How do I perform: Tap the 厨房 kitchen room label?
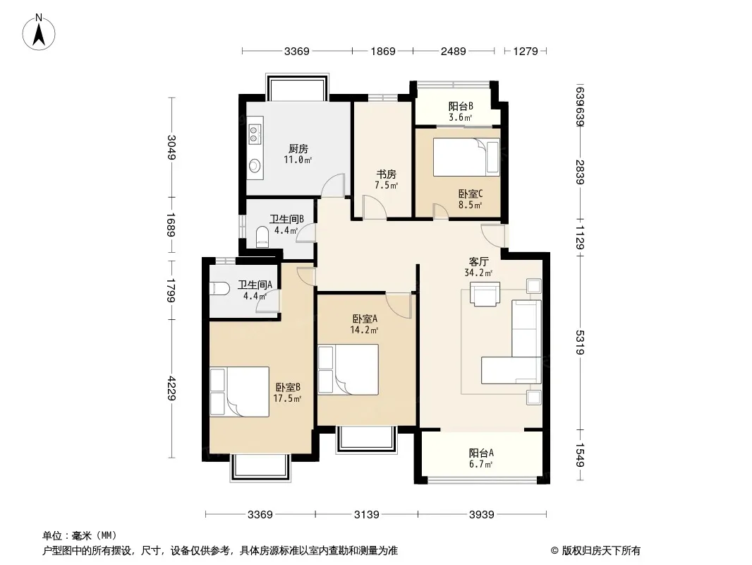pyautogui.click(x=298, y=149)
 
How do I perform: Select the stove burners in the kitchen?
pyautogui.click(x=255, y=132)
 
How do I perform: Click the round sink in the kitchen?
pyautogui.click(x=255, y=165)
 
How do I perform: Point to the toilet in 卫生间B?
pyautogui.click(x=262, y=236)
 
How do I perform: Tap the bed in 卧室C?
pyautogui.click(x=466, y=157)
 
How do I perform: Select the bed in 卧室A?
pyautogui.click(x=348, y=369)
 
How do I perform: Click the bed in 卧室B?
pyautogui.click(x=239, y=392)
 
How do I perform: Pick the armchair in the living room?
pyautogui.click(x=485, y=293)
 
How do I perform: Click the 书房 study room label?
pyautogui.click(x=386, y=174)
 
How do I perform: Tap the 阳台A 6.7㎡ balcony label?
pyautogui.click(x=481, y=458)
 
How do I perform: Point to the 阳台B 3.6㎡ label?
pyautogui.click(x=461, y=112)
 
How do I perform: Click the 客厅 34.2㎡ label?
pyautogui.click(x=478, y=267)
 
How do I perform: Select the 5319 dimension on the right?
pyautogui.click(x=580, y=342)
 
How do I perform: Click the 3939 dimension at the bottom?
pyautogui.click(x=482, y=515)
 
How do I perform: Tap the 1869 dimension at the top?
pyautogui.click(x=383, y=51)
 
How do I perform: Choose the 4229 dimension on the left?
pyautogui.click(x=171, y=388)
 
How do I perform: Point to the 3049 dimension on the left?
pyautogui.click(x=171, y=148)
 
